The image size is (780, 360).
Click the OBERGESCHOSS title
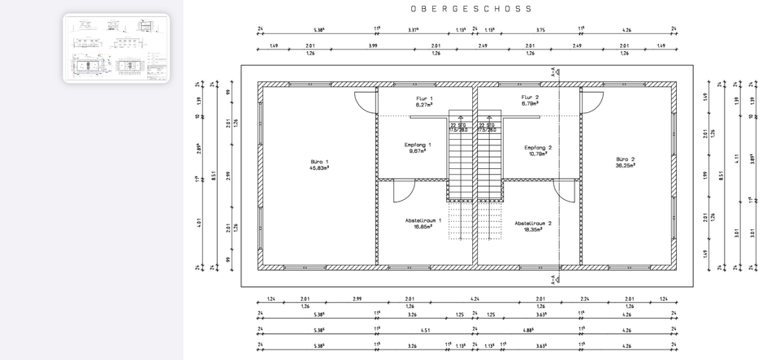click(x=470, y=9)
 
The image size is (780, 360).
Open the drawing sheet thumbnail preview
click(x=116, y=48)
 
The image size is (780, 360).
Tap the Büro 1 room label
click(x=319, y=162)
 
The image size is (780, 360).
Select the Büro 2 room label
click(x=625, y=159)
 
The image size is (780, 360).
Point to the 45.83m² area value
click(x=319, y=168)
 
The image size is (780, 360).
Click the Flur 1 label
click(x=423, y=98)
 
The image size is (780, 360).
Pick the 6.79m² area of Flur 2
click(x=530, y=104)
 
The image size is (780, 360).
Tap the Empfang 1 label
click(x=418, y=145)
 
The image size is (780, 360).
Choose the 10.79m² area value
click(x=538, y=154)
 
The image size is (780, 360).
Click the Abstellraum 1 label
click(x=422, y=220)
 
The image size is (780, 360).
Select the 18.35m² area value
click(x=533, y=229)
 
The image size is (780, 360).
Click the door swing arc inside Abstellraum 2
click(x=565, y=193)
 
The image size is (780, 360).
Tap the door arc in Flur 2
click(x=591, y=103)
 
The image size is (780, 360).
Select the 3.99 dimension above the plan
click(x=373, y=46)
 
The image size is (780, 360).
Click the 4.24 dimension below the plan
click(x=474, y=298)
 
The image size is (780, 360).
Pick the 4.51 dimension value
click(x=425, y=330)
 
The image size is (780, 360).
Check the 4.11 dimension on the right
click(x=737, y=157)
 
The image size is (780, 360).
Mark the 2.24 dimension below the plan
click(x=584, y=298)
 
